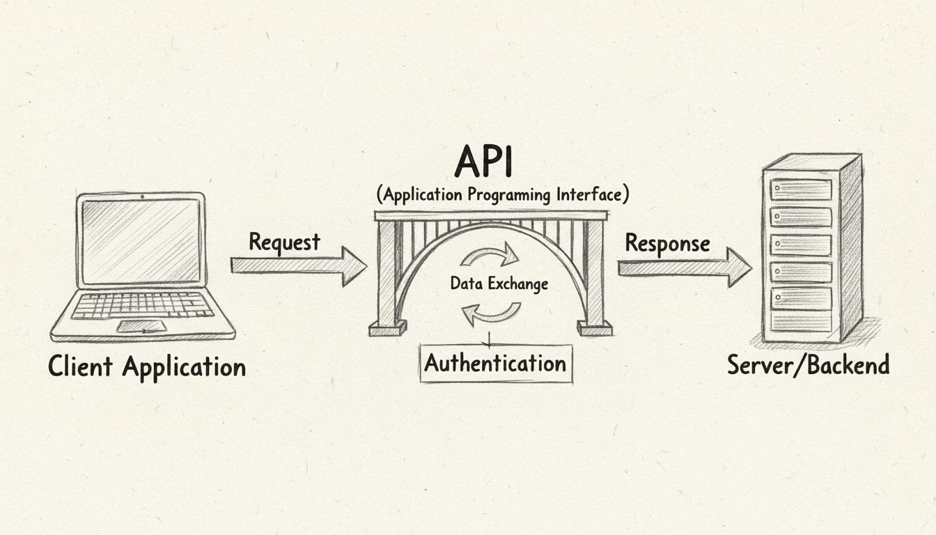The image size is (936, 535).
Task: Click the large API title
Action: [483, 162]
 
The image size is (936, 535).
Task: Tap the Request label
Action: [284, 242]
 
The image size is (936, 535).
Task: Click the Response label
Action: [667, 243]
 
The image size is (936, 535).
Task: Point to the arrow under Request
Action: [298, 266]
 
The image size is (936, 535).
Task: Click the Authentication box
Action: [496, 364]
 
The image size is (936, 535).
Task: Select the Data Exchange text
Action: [499, 284]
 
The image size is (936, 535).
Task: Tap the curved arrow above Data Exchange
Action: [490, 256]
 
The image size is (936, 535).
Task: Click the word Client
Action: [81, 366]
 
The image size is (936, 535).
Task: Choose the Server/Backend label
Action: [808, 364]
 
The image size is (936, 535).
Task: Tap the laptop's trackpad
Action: [141, 326]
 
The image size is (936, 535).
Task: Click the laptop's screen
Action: [141, 240]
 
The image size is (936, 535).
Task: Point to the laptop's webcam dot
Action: [142, 197]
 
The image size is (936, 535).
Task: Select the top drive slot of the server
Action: [801, 189]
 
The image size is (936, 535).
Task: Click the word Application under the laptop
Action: [184, 367]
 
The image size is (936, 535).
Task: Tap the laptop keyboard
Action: [142, 305]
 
